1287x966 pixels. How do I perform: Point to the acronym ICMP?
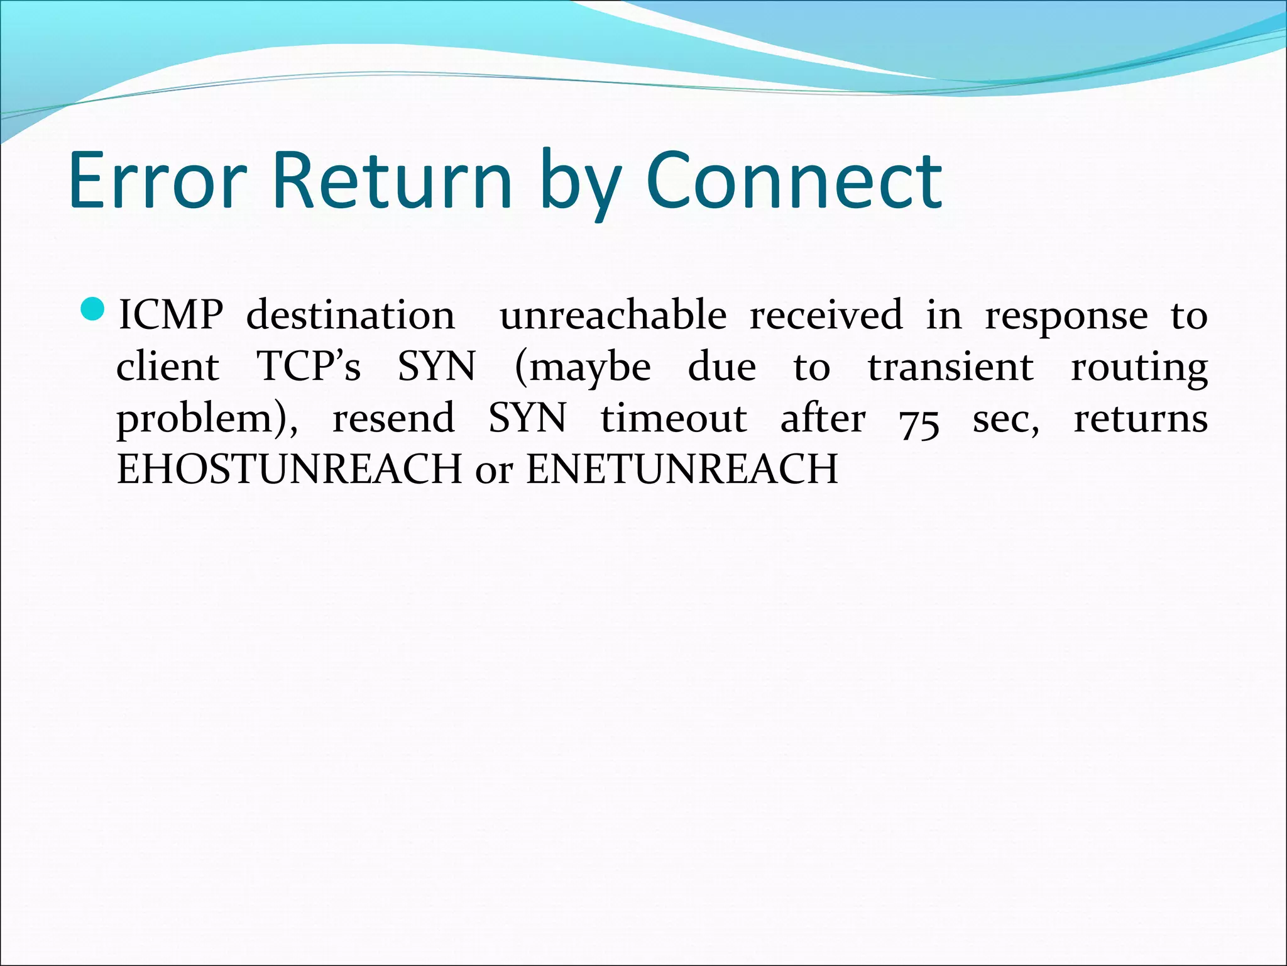[170, 315]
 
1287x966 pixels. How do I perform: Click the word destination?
[350, 315]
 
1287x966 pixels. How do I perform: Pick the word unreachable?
[613, 315]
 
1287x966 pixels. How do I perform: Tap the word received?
[826, 315]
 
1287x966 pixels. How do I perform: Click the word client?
[168, 367]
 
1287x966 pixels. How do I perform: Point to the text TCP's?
[309, 367]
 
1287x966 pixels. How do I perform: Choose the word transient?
[950, 367]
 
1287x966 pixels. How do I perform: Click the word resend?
[393, 418]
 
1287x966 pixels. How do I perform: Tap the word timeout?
[674, 418]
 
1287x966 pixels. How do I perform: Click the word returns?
[1141, 418]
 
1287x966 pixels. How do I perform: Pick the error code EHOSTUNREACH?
[290, 469]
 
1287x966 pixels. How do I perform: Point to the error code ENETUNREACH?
[682, 469]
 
